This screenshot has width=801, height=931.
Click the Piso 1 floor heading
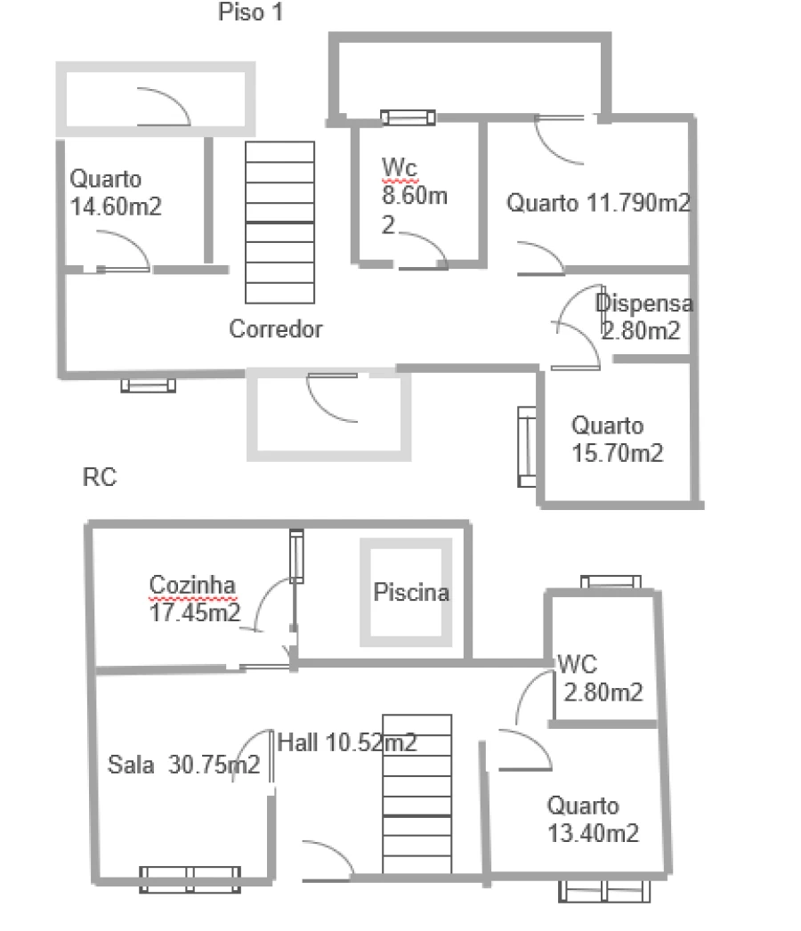(x=250, y=12)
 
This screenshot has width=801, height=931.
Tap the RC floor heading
(x=99, y=477)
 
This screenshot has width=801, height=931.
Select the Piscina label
(x=411, y=593)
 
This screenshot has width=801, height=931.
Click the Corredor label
(x=276, y=329)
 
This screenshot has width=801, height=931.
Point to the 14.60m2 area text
(x=116, y=206)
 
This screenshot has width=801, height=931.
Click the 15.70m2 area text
(x=617, y=453)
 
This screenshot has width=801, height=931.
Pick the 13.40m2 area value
(x=593, y=833)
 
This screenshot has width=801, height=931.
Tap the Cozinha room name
(x=192, y=585)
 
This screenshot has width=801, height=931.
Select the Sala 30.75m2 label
(x=183, y=765)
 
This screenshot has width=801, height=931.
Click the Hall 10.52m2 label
(x=347, y=743)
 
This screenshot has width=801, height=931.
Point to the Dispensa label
(x=644, y=304)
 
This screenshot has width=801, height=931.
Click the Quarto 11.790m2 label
(x=598, y=203)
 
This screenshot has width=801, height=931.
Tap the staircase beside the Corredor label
(x=279, y=222)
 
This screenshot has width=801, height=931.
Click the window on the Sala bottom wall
(x=190, y=879)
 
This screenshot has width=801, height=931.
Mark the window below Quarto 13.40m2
(x=604, y=891)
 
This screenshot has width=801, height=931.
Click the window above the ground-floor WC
(x=611, y=582)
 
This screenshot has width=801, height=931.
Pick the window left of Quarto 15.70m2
(x=527, y=447)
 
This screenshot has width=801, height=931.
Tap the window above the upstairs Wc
(x=408, y=117)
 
